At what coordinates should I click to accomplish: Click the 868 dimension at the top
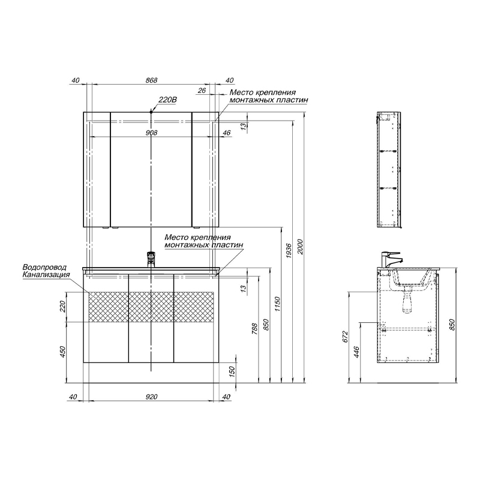click(151, 80)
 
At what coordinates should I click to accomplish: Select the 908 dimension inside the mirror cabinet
click(151, 133)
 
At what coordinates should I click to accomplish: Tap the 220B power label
click(167, 100)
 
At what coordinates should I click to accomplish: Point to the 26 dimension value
click(202, 91)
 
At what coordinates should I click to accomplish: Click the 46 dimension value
click(227, 133)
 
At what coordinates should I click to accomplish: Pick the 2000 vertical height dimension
click(301, 247)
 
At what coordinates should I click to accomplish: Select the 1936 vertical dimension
click(289, 251)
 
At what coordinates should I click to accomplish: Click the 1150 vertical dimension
click(277, 304)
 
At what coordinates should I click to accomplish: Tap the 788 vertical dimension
click(254, 328)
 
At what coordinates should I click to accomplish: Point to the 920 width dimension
click(151, 397)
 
